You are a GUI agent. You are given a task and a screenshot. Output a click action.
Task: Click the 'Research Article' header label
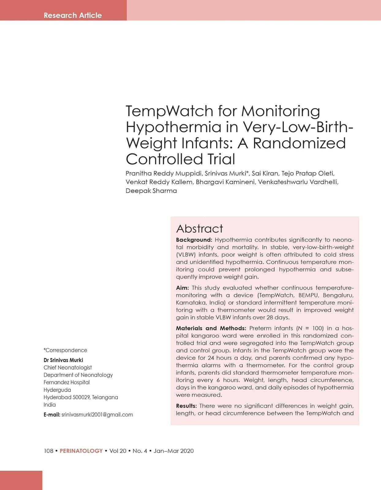point(73,15)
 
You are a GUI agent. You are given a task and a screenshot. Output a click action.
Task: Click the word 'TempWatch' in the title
point(169,111)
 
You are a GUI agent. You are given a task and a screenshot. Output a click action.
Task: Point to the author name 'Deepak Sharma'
point(151,191)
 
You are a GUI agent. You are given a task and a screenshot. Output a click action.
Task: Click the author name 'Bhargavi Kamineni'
point(225,182)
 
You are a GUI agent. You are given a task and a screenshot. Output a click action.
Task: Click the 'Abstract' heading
point(199,229)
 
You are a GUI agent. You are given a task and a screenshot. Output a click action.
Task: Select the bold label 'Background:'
point(194,240)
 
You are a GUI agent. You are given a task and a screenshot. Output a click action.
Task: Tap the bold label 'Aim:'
point(182,288)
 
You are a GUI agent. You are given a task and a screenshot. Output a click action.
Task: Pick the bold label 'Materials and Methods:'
point(211,328)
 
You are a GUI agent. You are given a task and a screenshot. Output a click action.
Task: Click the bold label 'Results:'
point(186,406)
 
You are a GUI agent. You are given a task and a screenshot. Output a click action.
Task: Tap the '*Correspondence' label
point(65,350)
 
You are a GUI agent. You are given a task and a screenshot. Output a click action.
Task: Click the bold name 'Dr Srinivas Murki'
point(63,360)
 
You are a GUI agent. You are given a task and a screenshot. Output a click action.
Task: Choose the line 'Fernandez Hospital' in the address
point(66,382)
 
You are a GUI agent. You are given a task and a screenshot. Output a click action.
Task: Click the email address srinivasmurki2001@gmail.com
point(97,415)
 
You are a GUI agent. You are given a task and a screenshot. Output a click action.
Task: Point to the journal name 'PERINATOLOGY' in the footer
point(81,451)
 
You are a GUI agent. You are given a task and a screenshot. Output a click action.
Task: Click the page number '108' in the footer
point(48,451)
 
